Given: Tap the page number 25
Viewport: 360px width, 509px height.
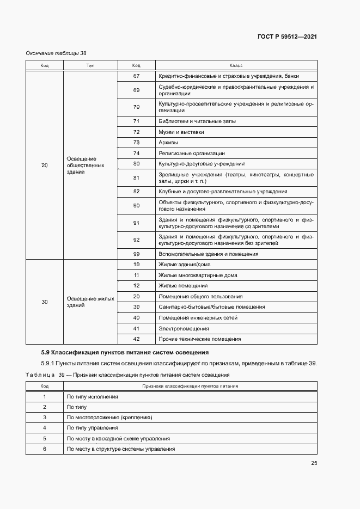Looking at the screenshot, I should (x=314, y=463).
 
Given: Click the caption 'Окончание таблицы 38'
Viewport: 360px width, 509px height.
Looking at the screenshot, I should (x=56, y=53).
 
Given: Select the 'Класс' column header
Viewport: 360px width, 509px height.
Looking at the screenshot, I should (x=235, y=65).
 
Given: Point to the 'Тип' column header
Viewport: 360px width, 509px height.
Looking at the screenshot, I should (x=90, y=65).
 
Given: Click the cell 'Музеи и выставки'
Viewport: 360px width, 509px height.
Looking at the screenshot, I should (x=181, y=132).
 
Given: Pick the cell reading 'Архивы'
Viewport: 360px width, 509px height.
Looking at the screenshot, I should (x=168, y=143).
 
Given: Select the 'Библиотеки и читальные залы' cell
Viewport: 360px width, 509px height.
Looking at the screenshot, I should (x=197, y=121).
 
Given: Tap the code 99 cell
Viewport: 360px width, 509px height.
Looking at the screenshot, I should (x=136, y=254).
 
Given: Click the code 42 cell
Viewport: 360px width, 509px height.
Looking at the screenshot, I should (x=136, y=339).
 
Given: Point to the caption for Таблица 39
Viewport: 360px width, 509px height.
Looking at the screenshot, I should (x=128, y=375).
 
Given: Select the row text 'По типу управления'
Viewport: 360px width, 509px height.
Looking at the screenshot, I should (x=91, y=428).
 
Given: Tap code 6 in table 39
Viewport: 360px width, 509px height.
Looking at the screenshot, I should (x=45, y=449).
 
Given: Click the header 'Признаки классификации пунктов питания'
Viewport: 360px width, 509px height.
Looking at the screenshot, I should (x=190, y=386).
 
